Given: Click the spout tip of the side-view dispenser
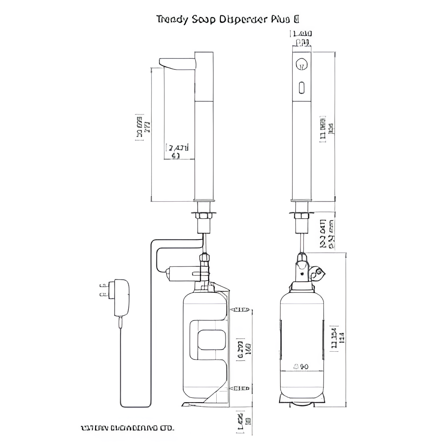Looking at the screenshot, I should [162, 62].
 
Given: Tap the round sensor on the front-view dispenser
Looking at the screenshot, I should [302, 64].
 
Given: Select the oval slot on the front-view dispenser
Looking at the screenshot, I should [302, 87].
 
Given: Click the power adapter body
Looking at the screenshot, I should [121, 298].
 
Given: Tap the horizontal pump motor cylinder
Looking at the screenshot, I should [184, 272].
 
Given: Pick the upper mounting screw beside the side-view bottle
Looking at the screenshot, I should [242, 309].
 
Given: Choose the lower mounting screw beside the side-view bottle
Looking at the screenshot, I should [242, 388].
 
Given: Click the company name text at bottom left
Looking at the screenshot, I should [127, 428].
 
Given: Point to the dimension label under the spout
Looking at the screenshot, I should [178, 152].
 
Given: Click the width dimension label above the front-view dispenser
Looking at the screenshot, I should [303, 37].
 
